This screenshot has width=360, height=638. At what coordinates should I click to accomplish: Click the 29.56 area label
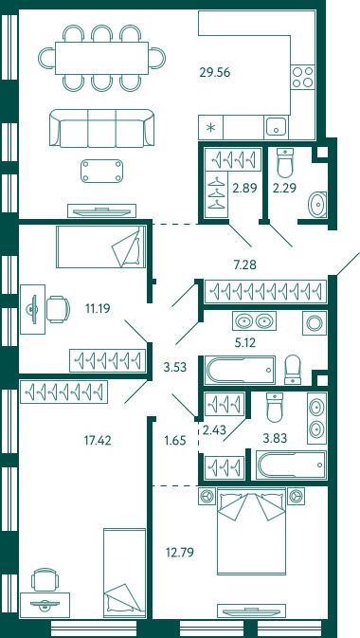click(215, 72)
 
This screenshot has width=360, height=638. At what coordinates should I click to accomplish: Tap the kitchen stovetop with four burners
click(303, 77)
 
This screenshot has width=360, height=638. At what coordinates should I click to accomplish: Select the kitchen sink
click(277, 126)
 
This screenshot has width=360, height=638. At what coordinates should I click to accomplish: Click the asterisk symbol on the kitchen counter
click(210, 128)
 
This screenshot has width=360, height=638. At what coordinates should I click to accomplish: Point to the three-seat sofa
click(101, 128)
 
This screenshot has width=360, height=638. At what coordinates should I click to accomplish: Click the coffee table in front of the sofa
click(101, 171)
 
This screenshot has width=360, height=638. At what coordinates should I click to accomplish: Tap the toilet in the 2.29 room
click(285, 163)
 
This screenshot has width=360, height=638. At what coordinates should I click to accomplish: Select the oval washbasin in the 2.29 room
click(317, 205)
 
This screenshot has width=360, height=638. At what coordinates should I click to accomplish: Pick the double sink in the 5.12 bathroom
click(254, 321)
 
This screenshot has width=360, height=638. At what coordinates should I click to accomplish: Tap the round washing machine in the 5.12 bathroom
click(315, 323)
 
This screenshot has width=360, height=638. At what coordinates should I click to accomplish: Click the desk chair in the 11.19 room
click(58, 309)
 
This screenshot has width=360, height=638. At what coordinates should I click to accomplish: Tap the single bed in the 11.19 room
click(101, 246)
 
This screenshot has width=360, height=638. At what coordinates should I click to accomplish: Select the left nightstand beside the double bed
click(207, 496)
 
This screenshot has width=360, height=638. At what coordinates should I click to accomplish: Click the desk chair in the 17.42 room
click(45, 579)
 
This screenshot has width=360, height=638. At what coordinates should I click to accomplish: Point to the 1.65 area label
click(175, 440)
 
